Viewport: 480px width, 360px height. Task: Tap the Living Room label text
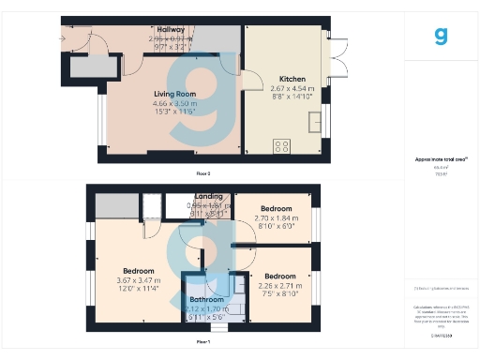(x=173, y=94)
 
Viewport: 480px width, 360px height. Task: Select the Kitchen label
(x=280, y=80)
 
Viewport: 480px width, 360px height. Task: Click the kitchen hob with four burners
(x=280, y=144)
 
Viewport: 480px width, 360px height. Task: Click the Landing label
(x=208, y=197)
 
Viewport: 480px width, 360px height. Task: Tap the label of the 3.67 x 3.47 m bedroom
(x=138, y=270)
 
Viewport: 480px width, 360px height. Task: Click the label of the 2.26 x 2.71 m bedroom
(x=280, y=277)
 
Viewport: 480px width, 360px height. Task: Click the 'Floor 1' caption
(x=203, y=344)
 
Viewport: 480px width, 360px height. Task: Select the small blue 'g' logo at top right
(x=440, y=37)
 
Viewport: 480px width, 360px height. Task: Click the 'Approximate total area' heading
(x=441, y=159)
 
